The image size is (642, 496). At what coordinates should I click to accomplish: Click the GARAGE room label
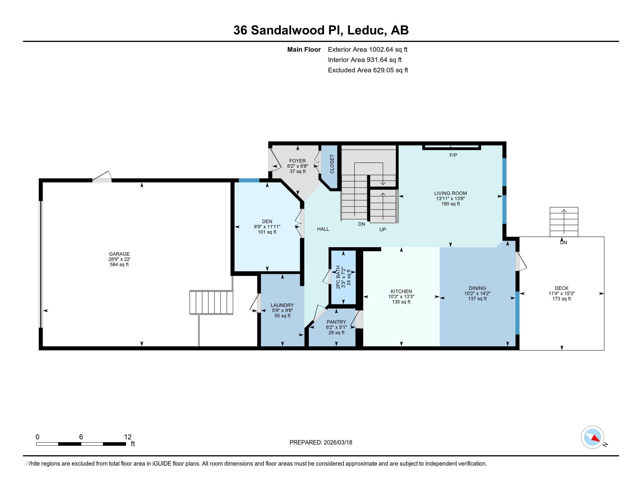coord(119,254)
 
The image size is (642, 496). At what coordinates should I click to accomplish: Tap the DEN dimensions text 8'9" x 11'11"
coord(267,227)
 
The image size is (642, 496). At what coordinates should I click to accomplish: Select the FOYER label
coord(297,161)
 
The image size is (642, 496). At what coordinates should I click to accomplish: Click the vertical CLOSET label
coord(332,164)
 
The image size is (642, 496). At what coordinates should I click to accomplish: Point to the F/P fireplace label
coord(453,155)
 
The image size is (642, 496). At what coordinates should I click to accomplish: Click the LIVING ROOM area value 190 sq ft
coord(450,204)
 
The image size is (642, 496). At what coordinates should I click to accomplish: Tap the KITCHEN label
coord(401,291)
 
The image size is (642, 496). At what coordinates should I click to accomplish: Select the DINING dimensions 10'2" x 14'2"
coord(477,293)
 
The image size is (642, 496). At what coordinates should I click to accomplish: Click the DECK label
coord(561,288)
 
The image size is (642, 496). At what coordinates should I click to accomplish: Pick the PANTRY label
coord(336,322)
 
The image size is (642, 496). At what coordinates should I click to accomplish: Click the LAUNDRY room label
coord(282,305)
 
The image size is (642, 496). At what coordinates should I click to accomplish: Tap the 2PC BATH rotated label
coord(338,277)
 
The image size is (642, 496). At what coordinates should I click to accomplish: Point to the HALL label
coord(323,229)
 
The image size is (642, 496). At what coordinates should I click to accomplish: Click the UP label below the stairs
coord(383,230)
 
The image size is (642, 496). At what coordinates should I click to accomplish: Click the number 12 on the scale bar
coord(128,437)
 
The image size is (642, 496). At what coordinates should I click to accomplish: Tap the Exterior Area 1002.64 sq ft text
coord(367,49)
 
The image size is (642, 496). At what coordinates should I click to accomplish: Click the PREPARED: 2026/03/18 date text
coord(321,442)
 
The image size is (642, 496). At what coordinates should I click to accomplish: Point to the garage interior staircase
coord(211,302)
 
